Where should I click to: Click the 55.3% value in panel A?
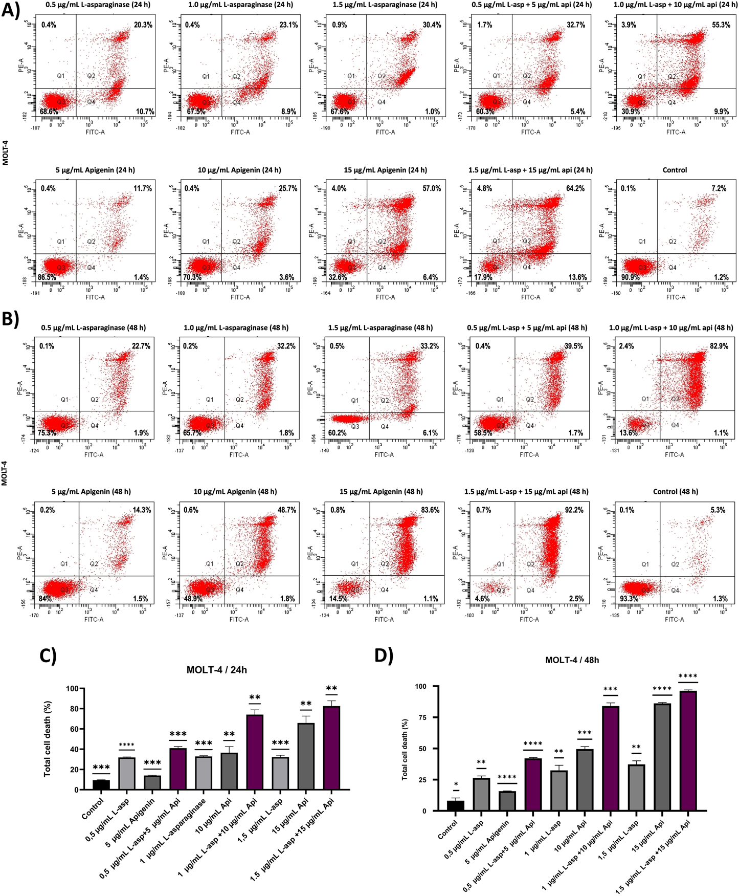[x=721, y=25]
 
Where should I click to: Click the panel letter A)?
[x=11, y=10]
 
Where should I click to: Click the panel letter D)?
[x=384, y=655]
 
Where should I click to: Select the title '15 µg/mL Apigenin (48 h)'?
[x=381, y=492]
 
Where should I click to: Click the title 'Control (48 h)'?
[x=675, y=492]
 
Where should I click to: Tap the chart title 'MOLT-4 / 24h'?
[x=217, y=670]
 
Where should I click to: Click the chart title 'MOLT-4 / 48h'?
[x=572, y=660]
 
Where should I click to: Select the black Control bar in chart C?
[x=101, y=785]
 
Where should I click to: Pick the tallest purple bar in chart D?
[x=688, y=751]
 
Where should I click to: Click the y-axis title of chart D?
[x=405, y=749]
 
